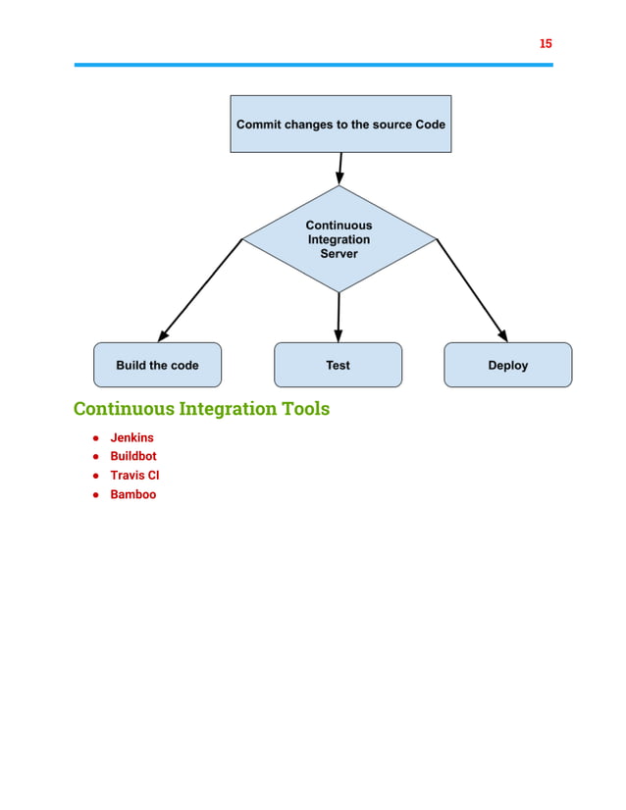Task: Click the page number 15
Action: (x=546, y=43)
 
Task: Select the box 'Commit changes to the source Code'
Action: (x=340, y=125)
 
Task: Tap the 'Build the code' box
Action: (x=157, y=365)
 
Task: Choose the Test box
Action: (x=338, y=365)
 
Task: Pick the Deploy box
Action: (x=507, y=365)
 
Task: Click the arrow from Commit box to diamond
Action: (x=340, y=168)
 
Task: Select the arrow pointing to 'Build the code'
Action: (x=199, y=290)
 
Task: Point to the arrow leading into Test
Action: (x=339, y=317)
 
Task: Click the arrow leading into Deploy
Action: (x=473, y=290)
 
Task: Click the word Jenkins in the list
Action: (x=131, y=437)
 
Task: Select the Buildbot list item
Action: (x=132, y=456)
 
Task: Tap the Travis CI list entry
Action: (x=134, y=475)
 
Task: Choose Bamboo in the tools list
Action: (x=132, y=494)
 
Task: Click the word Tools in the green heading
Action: (x=302, y=408)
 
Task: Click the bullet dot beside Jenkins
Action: (x=96, y=438)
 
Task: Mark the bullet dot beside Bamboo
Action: (x=96, y=495)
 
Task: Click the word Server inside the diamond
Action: (x=339, y=254)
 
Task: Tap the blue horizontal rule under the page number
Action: (x=313, y=65)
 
